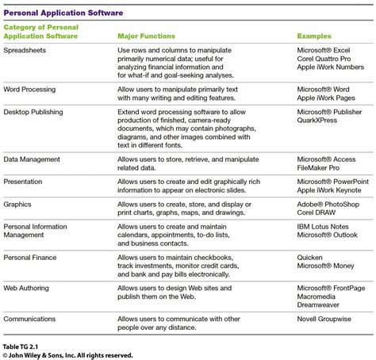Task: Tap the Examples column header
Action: pos(314,36)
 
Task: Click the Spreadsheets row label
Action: pos(25,51)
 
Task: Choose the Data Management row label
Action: pos(32,159)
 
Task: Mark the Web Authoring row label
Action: pos(29,289)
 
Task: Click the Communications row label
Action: pos(30,318)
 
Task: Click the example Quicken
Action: pos(311,258)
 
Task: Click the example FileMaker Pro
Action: pos(323,168)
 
